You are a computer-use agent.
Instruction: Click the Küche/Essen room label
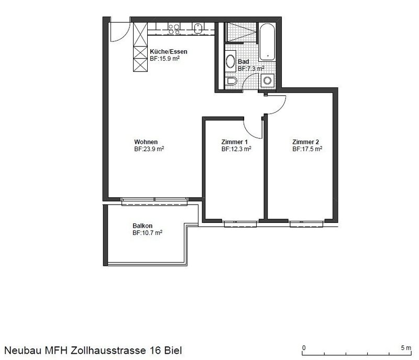click(x=168, y=52)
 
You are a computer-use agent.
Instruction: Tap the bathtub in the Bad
click(x=268, y=41)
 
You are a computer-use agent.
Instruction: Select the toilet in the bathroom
click(x=232, y=81)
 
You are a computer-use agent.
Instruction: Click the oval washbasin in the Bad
click(x=231, y=61)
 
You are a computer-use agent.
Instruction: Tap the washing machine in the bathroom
click(x=268, y=81)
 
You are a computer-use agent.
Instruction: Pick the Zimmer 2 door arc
click(x=278, y=105)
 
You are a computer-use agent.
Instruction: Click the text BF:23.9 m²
click(x=149, y=149)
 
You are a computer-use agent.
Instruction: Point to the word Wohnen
click(x=146, y=142)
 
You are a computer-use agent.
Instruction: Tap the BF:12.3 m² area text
click(x=236, y=149)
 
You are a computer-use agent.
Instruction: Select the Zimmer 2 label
click(x=305, y=142)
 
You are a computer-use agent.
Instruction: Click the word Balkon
click(x=142, y=226)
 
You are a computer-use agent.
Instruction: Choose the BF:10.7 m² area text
click(x=147, y=233)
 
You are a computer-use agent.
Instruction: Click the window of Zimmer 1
click(x=239, y=223)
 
